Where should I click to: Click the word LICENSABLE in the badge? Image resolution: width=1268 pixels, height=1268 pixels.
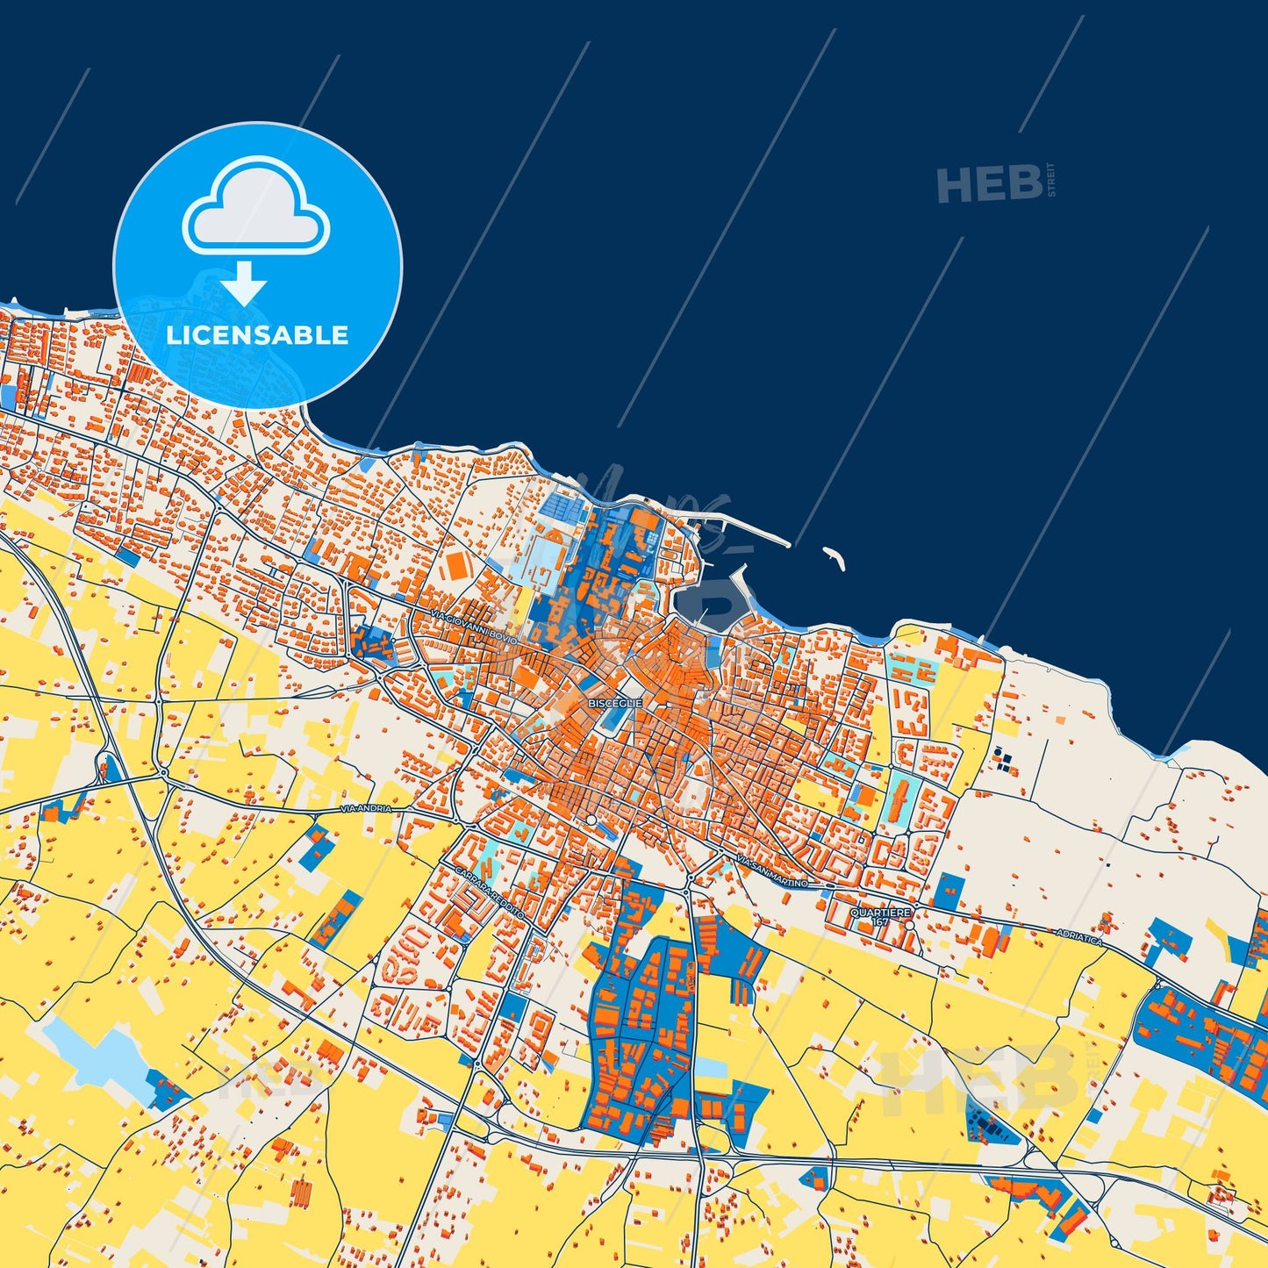coord(257,335)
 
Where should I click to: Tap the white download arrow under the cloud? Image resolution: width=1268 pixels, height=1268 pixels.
coord(244,283)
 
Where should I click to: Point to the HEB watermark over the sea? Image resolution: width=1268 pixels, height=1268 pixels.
coord(990,183)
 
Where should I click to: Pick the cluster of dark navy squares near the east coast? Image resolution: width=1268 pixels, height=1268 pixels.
coord(1003,759)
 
